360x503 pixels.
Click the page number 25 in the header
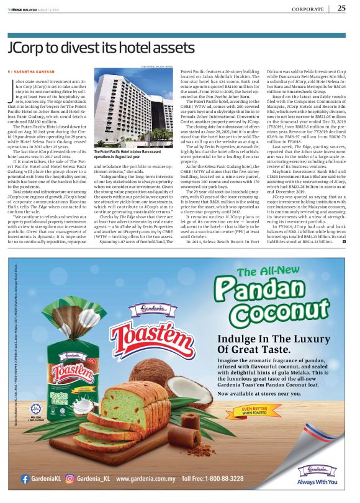point(342,8)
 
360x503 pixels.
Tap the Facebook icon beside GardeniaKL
point(25,479)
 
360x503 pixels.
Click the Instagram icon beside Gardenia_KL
point(71,479)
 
